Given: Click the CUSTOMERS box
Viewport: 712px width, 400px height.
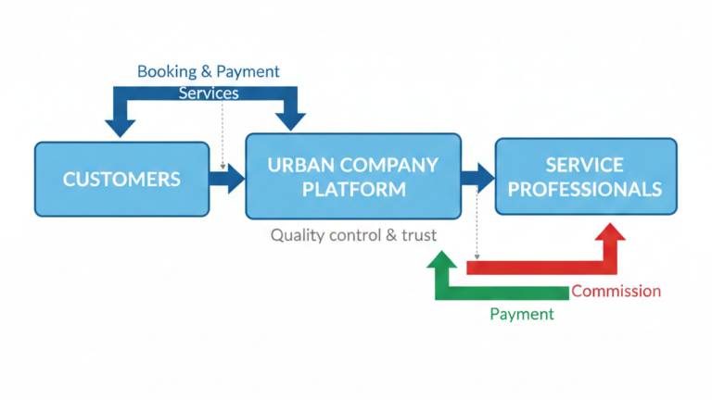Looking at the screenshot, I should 121,179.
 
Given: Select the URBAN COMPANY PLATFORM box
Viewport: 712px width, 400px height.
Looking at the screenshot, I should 352,176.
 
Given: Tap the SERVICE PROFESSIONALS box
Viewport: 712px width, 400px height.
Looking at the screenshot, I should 585,176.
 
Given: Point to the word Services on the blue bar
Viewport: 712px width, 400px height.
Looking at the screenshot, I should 209,94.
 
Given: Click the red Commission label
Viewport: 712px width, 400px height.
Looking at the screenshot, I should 616,291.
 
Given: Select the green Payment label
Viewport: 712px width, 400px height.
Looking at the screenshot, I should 521,314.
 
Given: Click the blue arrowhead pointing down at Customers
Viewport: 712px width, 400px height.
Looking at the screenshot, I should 121,122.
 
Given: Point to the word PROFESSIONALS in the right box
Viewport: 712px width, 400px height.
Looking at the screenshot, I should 585,189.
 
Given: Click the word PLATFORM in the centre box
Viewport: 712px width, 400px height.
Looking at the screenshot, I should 352,189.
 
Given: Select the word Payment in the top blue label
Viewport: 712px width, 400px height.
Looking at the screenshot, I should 248,71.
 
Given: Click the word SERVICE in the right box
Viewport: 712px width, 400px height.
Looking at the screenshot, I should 585,165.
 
